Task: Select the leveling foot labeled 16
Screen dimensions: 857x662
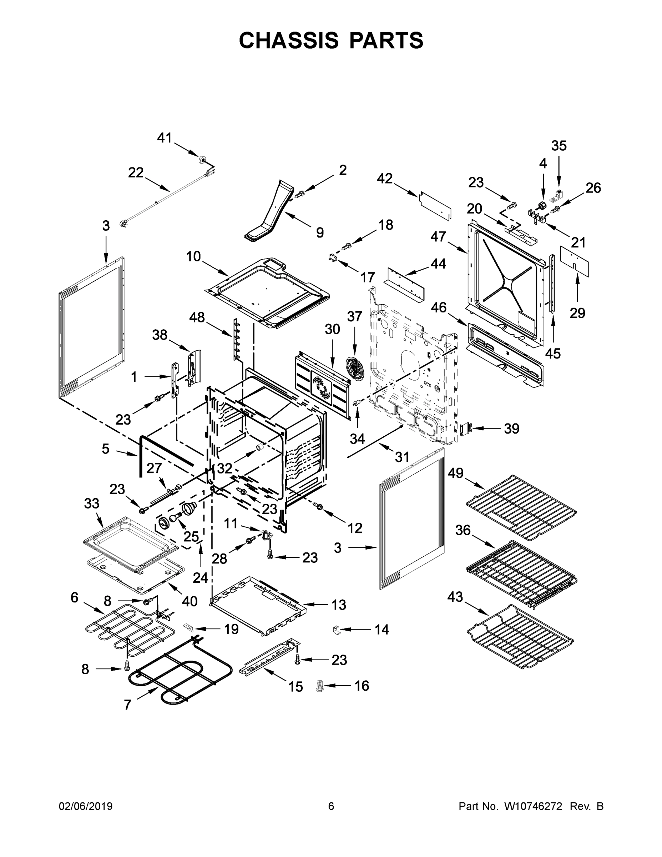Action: point(320,686)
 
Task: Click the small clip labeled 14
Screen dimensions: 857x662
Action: point(336,630)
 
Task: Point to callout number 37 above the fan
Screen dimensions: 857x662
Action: point(354,316)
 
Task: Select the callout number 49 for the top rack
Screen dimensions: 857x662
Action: point(456,473)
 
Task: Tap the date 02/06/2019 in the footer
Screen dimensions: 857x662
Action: point(86,806)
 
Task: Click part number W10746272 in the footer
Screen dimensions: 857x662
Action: point(532,806)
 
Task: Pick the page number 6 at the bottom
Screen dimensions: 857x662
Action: point(331,806)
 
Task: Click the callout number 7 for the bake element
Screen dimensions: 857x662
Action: point(127,705)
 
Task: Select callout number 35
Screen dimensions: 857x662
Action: point(559,146)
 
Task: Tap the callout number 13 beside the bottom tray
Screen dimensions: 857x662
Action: point(338,605)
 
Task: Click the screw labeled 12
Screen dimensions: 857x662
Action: point(319,507)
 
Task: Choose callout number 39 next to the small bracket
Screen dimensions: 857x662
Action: point(511,429)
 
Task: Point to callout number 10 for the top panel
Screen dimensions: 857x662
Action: point(193,256)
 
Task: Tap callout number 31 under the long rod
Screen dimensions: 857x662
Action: point(402,457)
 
